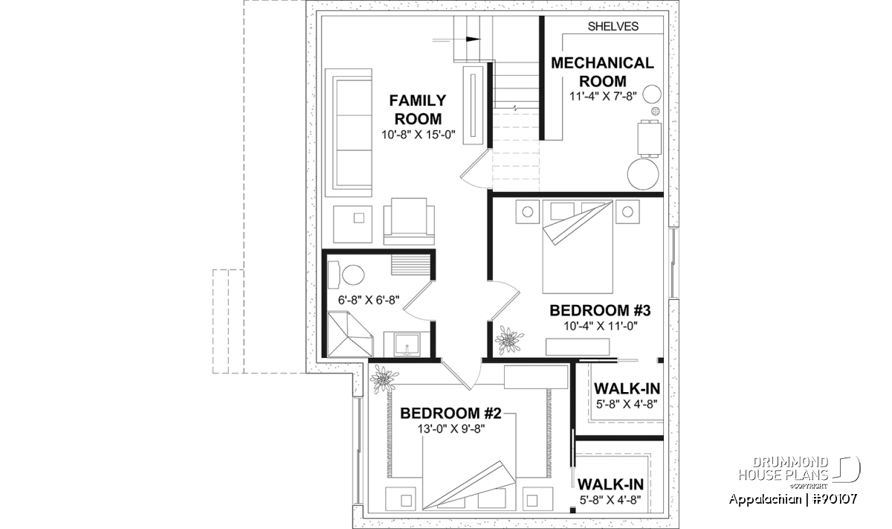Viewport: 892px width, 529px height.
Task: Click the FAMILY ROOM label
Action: [x=418, y=109]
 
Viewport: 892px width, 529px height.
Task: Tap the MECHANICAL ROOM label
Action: [x=603, y=72]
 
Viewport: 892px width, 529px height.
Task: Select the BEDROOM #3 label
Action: [x=600, y=310]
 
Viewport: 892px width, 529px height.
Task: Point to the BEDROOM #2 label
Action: [x=450, y=414]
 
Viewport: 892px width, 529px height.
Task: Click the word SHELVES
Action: [x=613, y=26]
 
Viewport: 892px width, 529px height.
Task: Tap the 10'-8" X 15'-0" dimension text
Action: [x=418, y=135]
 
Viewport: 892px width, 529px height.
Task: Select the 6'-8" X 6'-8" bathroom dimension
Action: [x=369, y=300]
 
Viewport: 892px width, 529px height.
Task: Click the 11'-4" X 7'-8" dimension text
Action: [x=603, y=96]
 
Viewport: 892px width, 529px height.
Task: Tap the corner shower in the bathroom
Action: [x=349, y=334]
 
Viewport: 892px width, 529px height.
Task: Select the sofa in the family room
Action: [x=349, y=132]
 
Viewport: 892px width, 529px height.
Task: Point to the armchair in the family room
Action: [x=409, y=221]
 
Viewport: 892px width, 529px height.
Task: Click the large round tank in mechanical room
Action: [x=643, y=174]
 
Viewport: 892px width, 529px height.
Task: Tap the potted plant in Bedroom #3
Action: [x=509, y=340]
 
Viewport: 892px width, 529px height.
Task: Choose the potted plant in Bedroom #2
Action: [x=384, y=379]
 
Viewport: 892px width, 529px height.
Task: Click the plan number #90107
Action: [x=835, y=499]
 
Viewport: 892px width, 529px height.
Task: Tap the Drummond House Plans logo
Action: [x=799, y=472]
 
